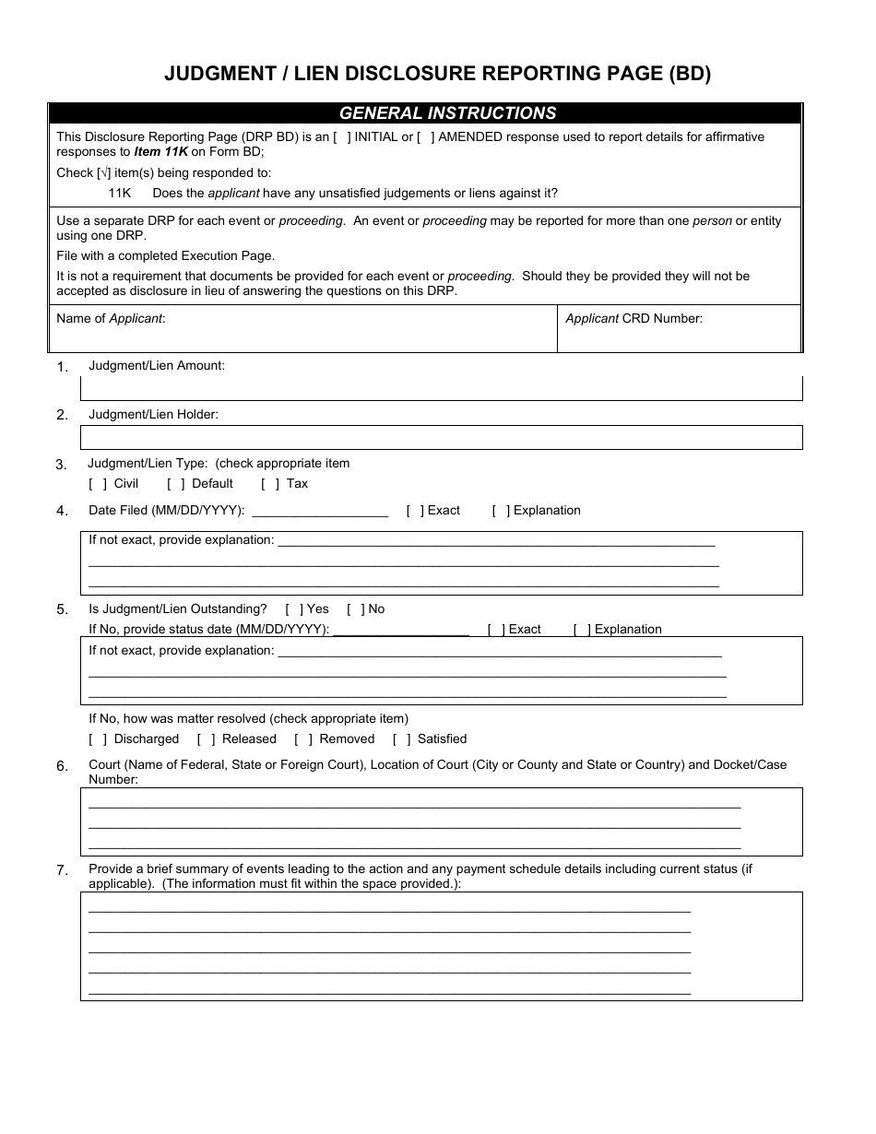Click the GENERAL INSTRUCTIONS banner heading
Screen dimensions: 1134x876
point(448,113)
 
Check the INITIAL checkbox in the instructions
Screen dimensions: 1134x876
point(341,137)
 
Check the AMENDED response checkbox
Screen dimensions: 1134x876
point(425,137)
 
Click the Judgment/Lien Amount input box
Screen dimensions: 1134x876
point(442,388)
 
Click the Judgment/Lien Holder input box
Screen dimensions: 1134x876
point(442,437)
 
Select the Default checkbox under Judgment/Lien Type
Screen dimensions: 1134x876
point(176,484)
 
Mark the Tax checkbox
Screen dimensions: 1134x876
point(270,484)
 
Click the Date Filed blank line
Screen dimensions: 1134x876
point(319,511)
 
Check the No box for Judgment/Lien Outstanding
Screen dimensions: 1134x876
point(356,609)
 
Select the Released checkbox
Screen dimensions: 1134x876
point(207,739)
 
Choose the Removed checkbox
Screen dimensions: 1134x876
point(303,739)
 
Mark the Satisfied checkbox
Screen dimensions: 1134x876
point(402,739)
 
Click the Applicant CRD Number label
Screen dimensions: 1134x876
point(633,319)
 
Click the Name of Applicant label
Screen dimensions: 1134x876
point(111,319)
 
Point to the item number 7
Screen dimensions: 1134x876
point(62,869)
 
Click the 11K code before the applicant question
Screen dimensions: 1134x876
point(120,194)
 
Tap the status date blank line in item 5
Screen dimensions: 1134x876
point(401,630)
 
